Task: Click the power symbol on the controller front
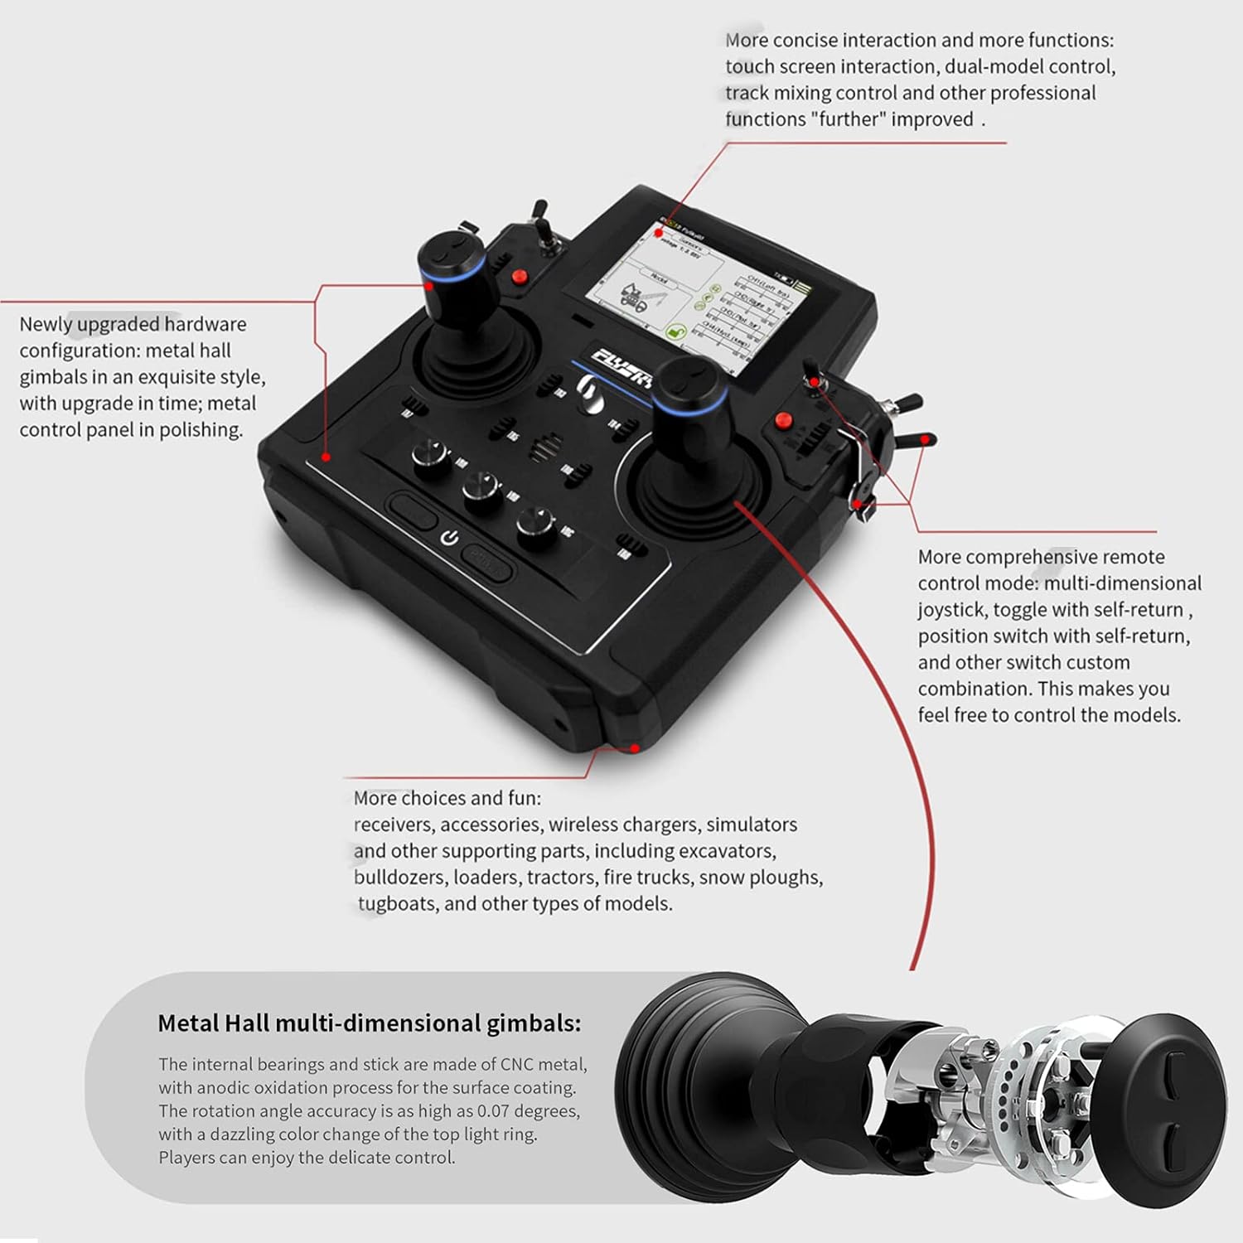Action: tap(449, 538)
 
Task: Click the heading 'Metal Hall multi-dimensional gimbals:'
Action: tap(369, 1023)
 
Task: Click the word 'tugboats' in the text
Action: tap(397, 903)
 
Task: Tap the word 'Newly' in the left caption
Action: tap(46, 324)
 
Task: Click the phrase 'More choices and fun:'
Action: tap(447, 798)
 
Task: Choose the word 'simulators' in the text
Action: tap(751, 825)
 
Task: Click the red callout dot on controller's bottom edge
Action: tap(634, 747)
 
